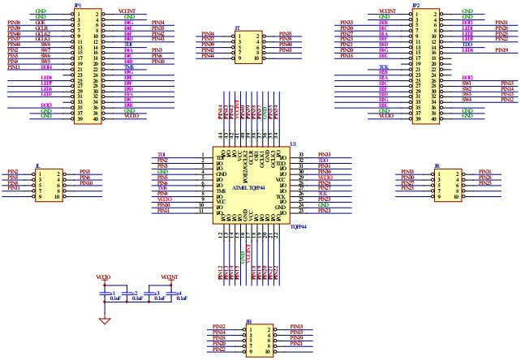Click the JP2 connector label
pos(416,5)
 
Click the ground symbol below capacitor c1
pos(104,321)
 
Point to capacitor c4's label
pos(179,292)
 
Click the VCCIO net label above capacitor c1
pos(103,277)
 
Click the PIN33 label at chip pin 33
pos(324,154)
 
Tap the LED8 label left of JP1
pos(46,77)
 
